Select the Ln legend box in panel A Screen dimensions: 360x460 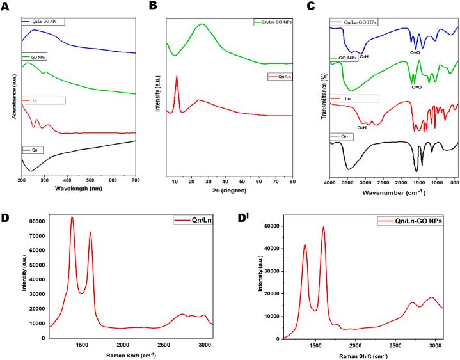pos(43,100)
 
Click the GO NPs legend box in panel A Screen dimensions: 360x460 pos(35,57)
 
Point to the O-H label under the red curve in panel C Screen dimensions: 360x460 pos(361,127)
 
